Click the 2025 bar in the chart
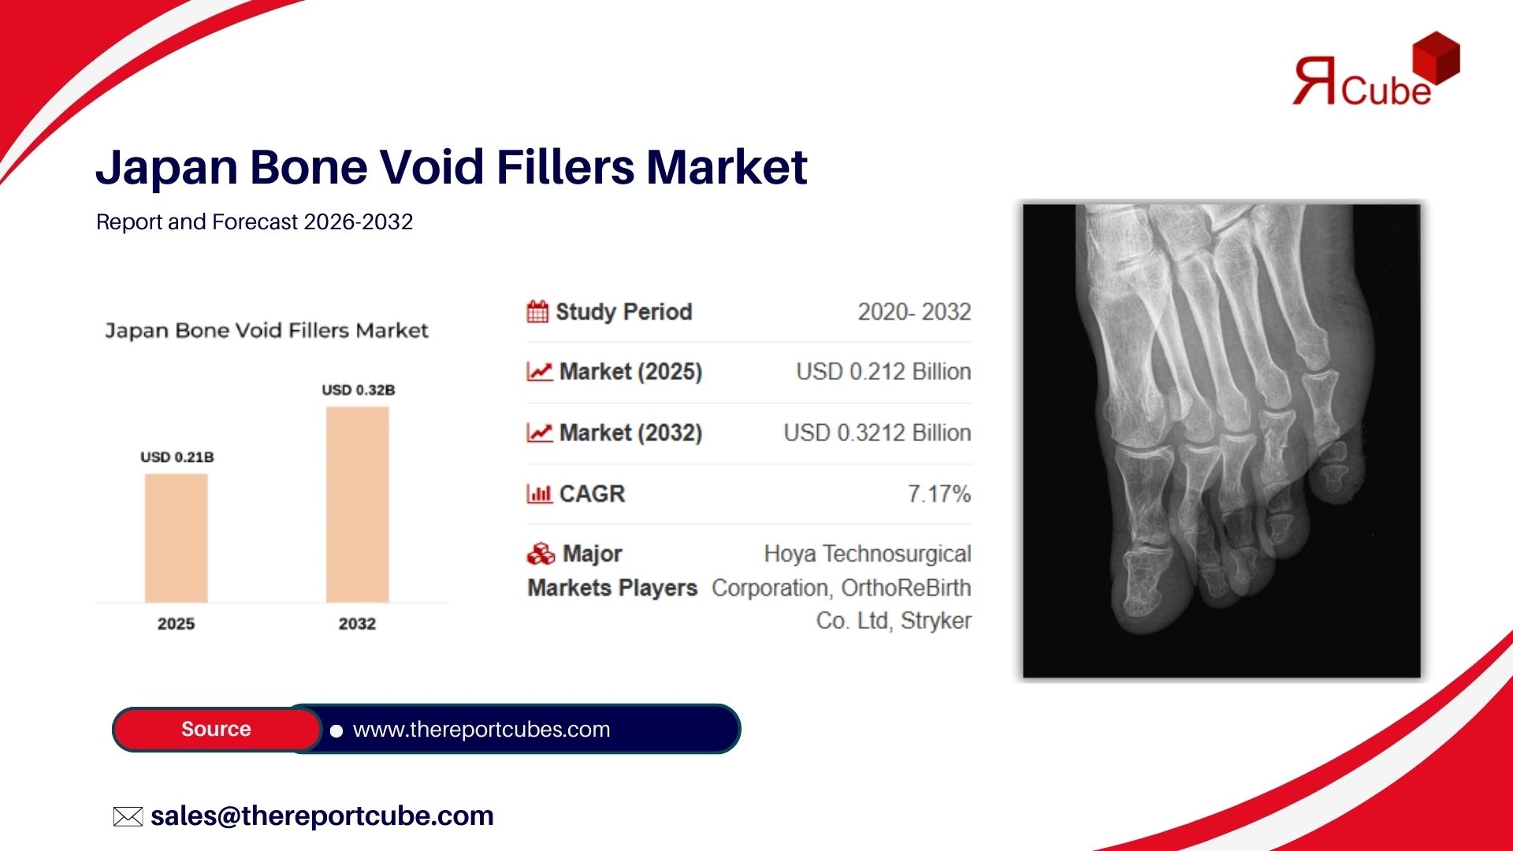(x=176, y=538)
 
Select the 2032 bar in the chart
(x=357, y=504)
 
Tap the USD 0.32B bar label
(x=359, y=390)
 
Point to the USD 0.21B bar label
(x=177, y=457)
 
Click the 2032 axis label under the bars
(x=357, y=624)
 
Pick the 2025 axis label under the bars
(x=176, y=624)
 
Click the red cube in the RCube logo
(x=1436, y=58)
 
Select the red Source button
(x=217, y=729)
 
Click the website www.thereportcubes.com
(x=481, y=730)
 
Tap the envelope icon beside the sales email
(x=128, y=816)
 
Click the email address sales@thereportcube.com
(x=322, y=816)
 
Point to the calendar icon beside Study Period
(x=537, y=312)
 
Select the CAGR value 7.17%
(x=939, y=494)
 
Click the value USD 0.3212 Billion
(x=877, y=433)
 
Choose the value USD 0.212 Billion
(x=883, y=372)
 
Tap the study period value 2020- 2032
(x=914, y=312)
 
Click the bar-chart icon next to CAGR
(x=539, y=494)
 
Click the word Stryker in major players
(x=936, y=622)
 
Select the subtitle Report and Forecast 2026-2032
(x=255, y=222)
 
